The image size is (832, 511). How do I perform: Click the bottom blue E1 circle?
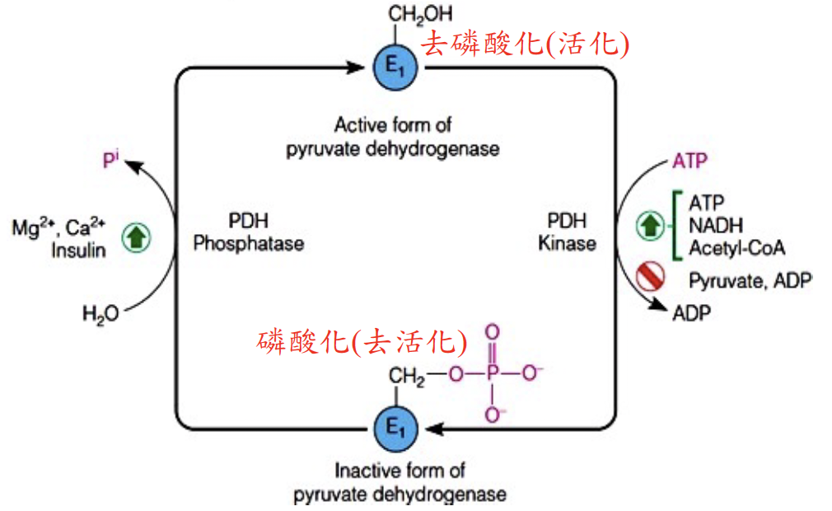(x=397, y=428)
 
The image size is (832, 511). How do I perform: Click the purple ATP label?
(x=689, y=159)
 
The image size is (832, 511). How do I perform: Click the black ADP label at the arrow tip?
(x=693, y=313)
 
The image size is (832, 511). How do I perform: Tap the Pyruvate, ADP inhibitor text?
(x=750, y=280)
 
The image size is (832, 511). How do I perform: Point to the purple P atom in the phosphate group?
(x=492, y=375)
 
